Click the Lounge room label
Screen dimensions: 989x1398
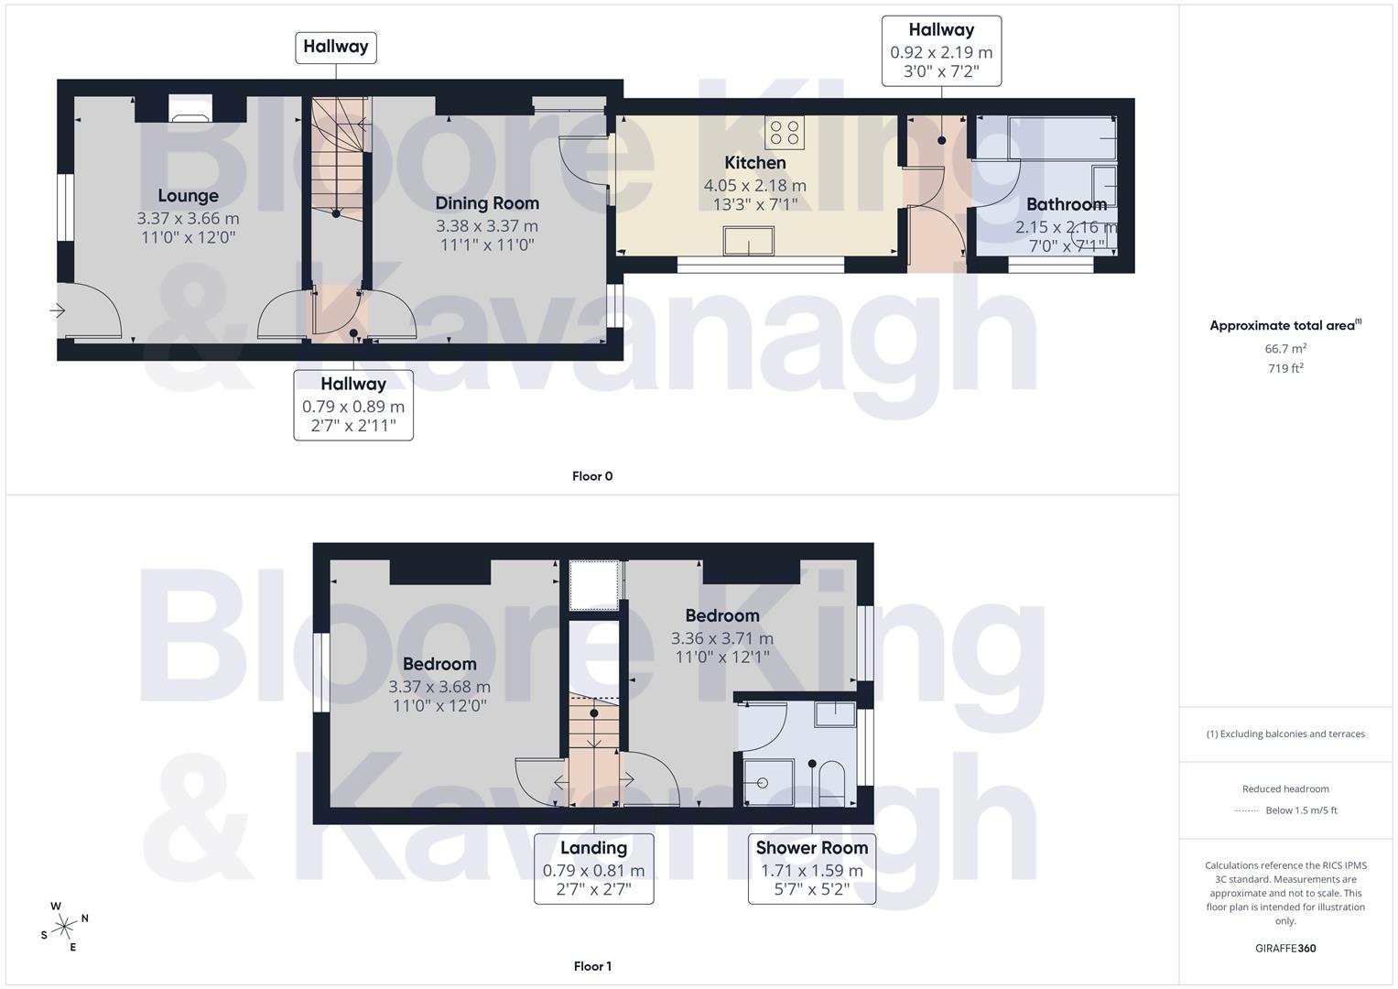pyautogui.click(x=188, y=196)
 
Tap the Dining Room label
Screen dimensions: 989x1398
pyautogui.click(x=486, y=203)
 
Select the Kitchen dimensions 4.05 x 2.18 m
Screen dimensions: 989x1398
pyautogui.click(x=754, y=185)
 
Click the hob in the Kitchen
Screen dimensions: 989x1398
pyautogui.click(x=785, y=133)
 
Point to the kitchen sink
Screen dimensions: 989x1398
pyautogui.click(x=748, y=242)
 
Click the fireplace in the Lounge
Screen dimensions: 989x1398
pyautogui.click(x=190, y=114)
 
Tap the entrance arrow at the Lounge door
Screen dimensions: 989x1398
pyautogui.click(x=58, y=311)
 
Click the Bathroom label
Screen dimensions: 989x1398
pyautogui.click(x=1066, y=204)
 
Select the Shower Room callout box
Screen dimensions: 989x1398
pyautogui.click(x=811, y=868)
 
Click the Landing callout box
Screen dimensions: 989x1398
pyautogui.click(x=593, y=868)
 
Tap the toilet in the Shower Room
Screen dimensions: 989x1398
pyautogui.click(x=831, y=782)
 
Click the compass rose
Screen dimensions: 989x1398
pyautogui.click(x=64, y=927)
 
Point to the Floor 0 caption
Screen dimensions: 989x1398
pyautogui.click(x=592, y=476)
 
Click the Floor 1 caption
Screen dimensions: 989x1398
pyautogui.click(x=592, y=966)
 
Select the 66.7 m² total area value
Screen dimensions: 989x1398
pyautogui.click(x=1285, y=349)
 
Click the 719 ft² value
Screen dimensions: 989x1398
pyautogui.click(x=1285, y=369)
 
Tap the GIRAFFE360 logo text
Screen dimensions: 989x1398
pyautogui.click(x=1285, y=949)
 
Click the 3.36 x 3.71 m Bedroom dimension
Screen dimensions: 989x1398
pyautogui.click(x=721, y=638)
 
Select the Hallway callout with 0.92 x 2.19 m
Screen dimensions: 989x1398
pyautogui.click(x=941, y=51)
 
